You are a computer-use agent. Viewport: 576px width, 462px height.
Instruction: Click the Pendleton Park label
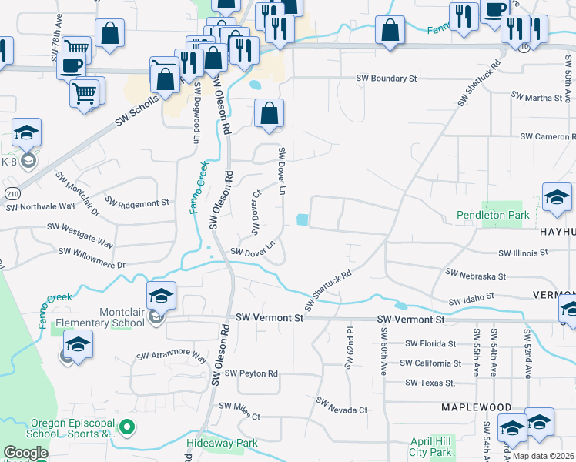coord(493,215)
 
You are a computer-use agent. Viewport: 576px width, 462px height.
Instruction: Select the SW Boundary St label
coord(386,79)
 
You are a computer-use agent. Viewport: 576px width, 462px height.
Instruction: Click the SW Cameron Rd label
coord(547,136)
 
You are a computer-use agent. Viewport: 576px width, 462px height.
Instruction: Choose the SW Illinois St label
coord(523,253)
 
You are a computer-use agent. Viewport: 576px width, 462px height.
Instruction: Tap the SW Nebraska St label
coord(476,275)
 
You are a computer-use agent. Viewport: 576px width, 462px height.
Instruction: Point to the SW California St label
coord(430,363)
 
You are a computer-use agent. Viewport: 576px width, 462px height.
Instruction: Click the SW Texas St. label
coord(430,383)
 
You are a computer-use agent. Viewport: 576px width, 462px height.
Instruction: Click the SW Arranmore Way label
coord(172,357)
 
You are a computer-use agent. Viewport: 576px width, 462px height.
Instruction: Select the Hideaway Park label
coord(222,443)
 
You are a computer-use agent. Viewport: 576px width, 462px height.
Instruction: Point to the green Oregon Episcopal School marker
coord(129,425)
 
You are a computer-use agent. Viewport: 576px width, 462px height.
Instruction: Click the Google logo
coord(25,453)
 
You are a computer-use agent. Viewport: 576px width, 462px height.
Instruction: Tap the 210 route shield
coord(11,194)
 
